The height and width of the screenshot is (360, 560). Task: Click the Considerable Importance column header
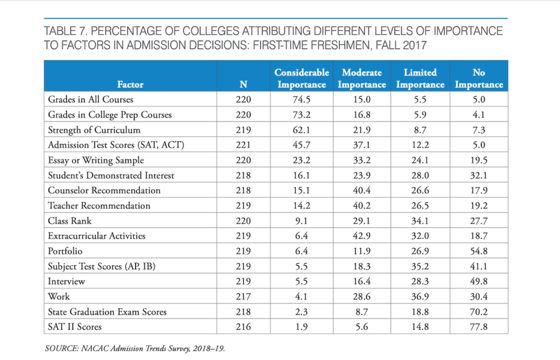(302, 78)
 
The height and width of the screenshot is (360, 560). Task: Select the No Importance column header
(479, 78)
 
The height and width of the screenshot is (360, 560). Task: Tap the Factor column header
(130, 84)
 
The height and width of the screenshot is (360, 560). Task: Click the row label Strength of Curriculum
(94, 130)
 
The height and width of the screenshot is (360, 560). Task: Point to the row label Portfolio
(65, 251)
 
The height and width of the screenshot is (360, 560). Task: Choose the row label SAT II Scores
(74, 327)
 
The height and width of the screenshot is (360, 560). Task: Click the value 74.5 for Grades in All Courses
(301, 100)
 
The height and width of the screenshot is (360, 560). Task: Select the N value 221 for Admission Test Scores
(243, 145)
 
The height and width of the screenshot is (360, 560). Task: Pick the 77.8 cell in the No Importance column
(479, 327)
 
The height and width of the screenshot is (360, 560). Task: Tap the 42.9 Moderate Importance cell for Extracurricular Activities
(362, 236)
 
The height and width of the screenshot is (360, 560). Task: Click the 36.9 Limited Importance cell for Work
(420, 297)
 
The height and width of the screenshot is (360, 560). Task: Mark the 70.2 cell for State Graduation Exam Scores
(479, 312)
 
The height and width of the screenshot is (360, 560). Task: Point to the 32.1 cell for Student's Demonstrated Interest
(479, 176)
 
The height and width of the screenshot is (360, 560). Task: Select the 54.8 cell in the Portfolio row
(479, 251)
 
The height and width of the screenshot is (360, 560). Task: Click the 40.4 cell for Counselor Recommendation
(362, 190)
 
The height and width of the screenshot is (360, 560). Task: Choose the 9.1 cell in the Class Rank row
(301, 221)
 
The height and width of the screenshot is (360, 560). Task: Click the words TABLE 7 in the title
(65, 31)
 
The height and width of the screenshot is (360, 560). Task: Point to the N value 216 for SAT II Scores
(243, 327)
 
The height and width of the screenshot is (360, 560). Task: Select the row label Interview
(66, 281)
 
